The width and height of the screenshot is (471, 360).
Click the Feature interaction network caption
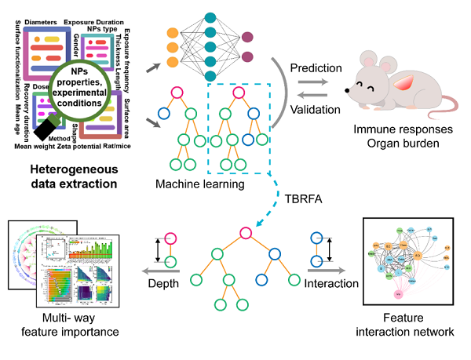415,325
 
